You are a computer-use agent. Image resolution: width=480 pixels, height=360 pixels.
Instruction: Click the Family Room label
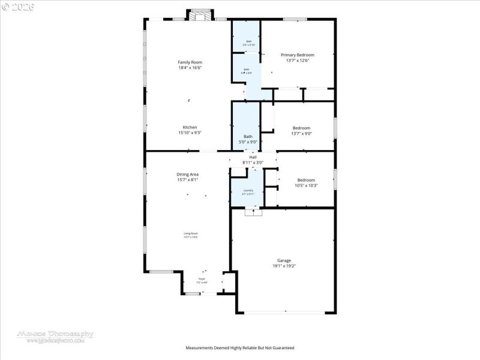190,62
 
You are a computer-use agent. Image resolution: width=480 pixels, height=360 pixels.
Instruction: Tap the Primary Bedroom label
298,55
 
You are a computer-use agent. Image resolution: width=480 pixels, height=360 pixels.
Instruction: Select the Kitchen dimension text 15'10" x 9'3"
190,133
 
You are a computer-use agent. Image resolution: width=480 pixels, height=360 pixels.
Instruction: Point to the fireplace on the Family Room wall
200,14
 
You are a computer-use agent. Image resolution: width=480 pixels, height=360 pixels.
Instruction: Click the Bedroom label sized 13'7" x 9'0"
301,128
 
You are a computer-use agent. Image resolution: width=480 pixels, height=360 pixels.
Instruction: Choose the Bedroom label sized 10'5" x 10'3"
306,179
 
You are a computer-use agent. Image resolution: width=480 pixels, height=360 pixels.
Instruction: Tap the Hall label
253,157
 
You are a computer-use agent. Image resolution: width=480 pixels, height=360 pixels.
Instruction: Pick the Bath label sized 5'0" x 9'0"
248,137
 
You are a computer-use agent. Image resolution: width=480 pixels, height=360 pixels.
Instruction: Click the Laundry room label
248,190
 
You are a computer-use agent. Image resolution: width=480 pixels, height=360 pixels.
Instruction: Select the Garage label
284,260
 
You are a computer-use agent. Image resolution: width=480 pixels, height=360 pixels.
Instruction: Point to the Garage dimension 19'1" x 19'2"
284,266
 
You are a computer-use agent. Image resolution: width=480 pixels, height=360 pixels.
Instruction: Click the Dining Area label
187,174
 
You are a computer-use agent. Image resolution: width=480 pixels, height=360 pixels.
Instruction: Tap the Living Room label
190,233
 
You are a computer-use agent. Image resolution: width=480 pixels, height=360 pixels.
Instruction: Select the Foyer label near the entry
201,279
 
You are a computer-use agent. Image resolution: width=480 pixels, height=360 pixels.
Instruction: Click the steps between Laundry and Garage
253,211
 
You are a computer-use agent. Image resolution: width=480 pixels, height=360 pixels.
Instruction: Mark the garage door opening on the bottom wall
286,312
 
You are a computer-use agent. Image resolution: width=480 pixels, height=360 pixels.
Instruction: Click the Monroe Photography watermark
55,334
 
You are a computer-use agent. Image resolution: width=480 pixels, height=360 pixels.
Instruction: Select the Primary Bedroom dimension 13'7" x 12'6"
298,60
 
